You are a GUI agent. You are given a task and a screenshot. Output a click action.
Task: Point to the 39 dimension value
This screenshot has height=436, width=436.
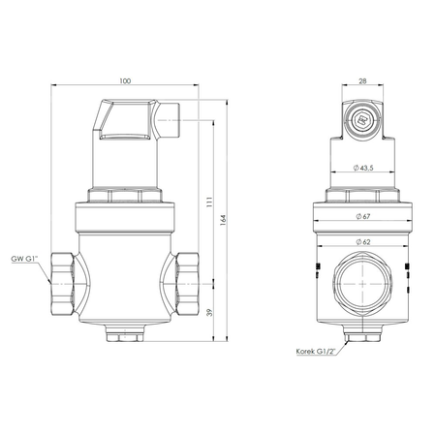tap(208, 313)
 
